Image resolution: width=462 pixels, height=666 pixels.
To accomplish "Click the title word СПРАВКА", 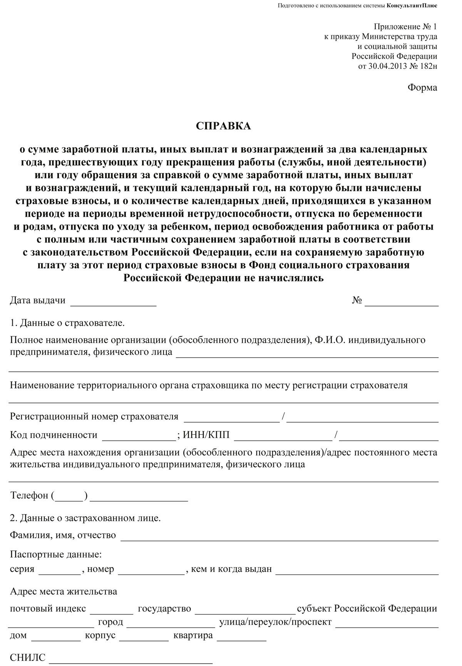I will point(223,126).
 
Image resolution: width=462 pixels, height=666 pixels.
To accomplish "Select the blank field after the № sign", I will point(402,302).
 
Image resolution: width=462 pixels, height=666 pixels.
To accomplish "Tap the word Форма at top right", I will point(422,88).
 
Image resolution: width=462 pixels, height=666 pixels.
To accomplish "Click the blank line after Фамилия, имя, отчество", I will point(280,537).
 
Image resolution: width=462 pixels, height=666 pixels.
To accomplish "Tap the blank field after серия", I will point(59,571).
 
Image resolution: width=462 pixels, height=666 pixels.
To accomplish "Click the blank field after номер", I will point(151,571).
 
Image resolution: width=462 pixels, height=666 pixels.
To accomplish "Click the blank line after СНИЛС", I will point(131,659).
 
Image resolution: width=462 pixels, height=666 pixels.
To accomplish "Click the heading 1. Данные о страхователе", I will point(67,323).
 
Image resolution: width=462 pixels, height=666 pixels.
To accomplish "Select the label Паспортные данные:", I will point(56,555).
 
